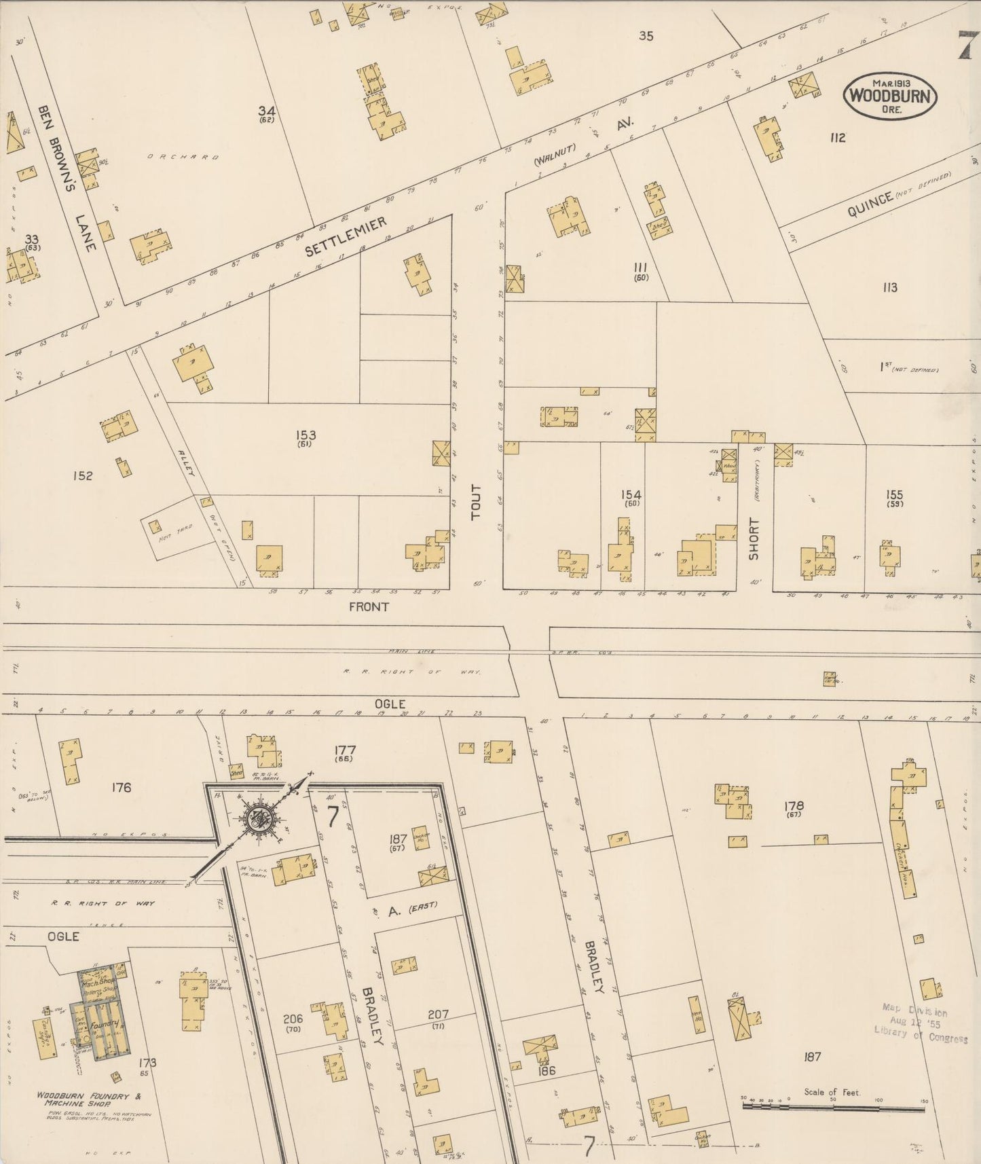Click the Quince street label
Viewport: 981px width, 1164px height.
click(870, 202)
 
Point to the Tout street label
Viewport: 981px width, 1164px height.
click(476, 503)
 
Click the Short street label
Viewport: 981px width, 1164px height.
click(754, 539)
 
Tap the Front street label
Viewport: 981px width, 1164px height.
click(369, 606)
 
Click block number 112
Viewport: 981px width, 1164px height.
click(838, 138)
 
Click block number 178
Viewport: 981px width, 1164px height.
click(794, 806)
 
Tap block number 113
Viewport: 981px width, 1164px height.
click(890, 287)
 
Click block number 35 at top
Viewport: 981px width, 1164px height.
click(646, 36)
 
